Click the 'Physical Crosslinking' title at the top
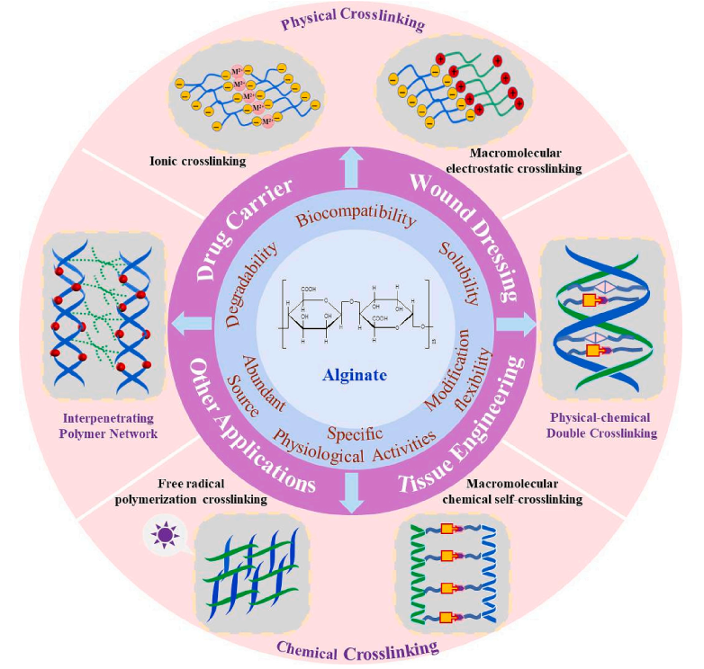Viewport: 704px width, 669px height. click(x=352, y=22)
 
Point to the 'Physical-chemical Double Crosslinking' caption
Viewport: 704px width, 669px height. click(x=603, y=426)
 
